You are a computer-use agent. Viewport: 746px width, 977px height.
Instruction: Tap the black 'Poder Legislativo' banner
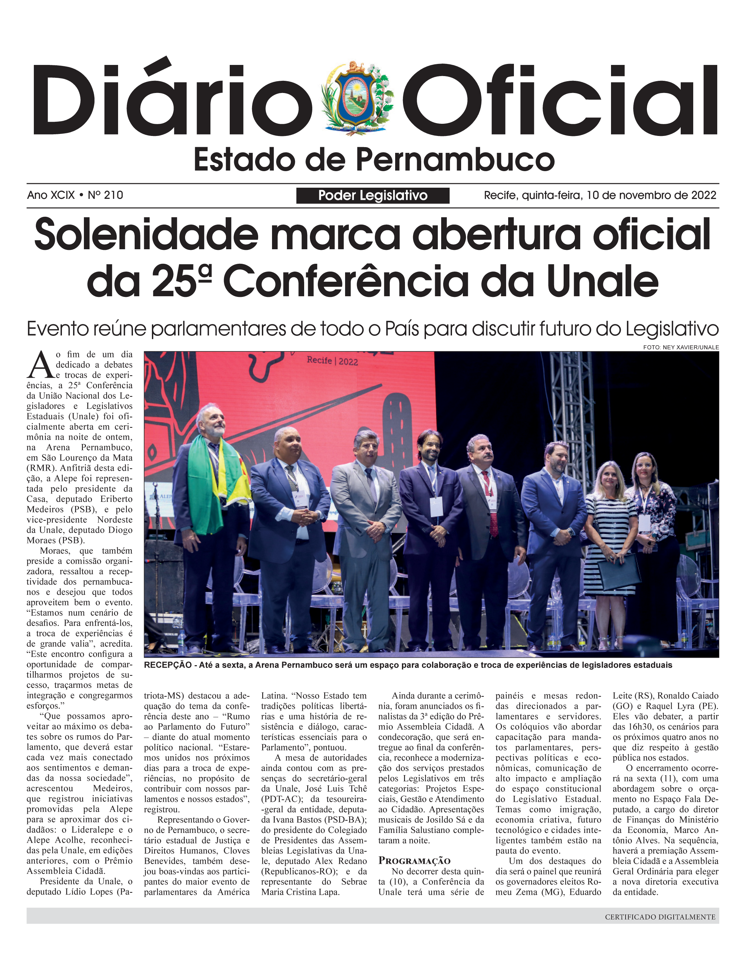point(372,195)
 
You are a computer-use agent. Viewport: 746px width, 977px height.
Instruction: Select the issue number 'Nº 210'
point(105,195)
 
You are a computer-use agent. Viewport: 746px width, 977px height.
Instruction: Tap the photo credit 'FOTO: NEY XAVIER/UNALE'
point(681,347)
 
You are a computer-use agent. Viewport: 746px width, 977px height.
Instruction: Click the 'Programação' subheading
point(414,861)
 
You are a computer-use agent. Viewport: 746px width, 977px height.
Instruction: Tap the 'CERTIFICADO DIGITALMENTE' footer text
point(660,916)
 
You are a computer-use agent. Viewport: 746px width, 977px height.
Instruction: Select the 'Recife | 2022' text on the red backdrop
point(332,360)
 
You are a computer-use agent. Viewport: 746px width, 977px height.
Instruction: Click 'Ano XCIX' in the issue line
point(51,195)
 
